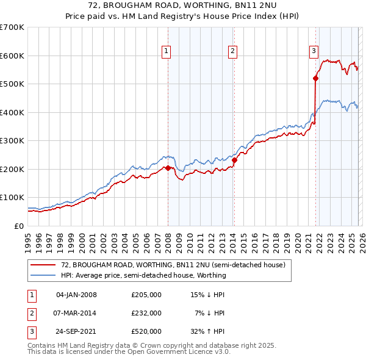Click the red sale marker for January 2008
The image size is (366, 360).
168,168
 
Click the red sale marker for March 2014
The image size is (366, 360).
234,160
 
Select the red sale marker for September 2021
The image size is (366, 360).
315,78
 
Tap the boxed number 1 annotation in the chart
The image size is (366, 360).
166,52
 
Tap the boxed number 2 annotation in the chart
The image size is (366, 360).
232,52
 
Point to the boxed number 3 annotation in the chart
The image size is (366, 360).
314,52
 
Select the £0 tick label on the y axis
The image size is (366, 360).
18,226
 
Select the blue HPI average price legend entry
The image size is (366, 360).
143,275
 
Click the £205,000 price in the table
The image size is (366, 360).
146,295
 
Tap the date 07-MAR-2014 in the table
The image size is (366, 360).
76,313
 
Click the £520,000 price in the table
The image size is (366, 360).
146,331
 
